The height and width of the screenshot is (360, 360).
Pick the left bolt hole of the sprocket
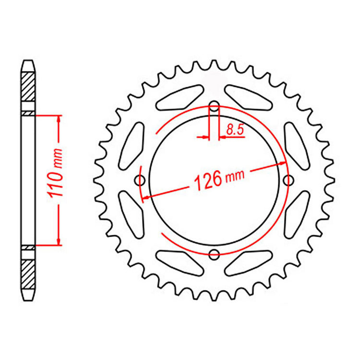coord(140,180)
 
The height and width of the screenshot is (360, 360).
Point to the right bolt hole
coord(288,180)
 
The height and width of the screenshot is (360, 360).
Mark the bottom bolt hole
coord(214,253)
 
